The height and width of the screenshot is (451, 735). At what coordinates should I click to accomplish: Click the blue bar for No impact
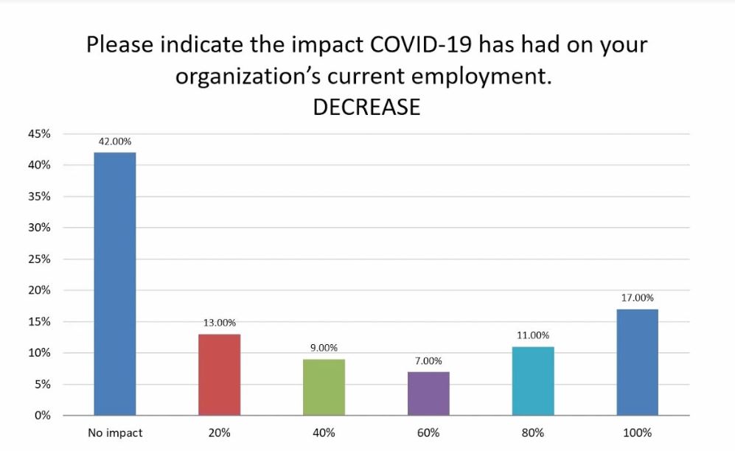pos(115,284)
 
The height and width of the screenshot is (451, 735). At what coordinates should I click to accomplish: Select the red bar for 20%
pos(219,374)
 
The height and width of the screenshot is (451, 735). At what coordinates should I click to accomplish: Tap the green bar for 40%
pos(324,387)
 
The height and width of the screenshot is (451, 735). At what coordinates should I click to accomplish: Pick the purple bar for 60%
pos(428,394)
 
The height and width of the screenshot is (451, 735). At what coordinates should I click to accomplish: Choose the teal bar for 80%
pos(533,381)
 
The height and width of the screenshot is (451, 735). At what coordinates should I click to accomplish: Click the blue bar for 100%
pos(637,362)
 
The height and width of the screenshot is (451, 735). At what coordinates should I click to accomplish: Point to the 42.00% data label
pos(115,141)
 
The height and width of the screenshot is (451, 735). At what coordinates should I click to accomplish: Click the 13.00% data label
pos(219,323)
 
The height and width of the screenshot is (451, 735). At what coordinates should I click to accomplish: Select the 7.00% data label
pos(428,360)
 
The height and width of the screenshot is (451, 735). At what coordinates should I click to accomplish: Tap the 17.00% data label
pos(637,298)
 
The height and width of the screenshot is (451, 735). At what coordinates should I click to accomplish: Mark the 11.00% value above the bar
pos(533,335)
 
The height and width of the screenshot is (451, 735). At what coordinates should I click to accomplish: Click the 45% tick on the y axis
pos(40,134)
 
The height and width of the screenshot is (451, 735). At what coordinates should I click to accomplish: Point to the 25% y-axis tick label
pos(40,259)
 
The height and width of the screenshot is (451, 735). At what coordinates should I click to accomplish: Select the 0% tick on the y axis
pos(43,416)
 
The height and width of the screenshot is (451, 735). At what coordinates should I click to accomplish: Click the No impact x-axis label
pos(115,433)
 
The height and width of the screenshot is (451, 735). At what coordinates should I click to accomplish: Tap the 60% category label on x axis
pos(428,433)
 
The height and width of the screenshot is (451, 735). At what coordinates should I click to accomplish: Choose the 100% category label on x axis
pos(637,433)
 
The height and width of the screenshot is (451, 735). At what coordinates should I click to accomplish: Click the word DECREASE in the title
pos(366,107)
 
